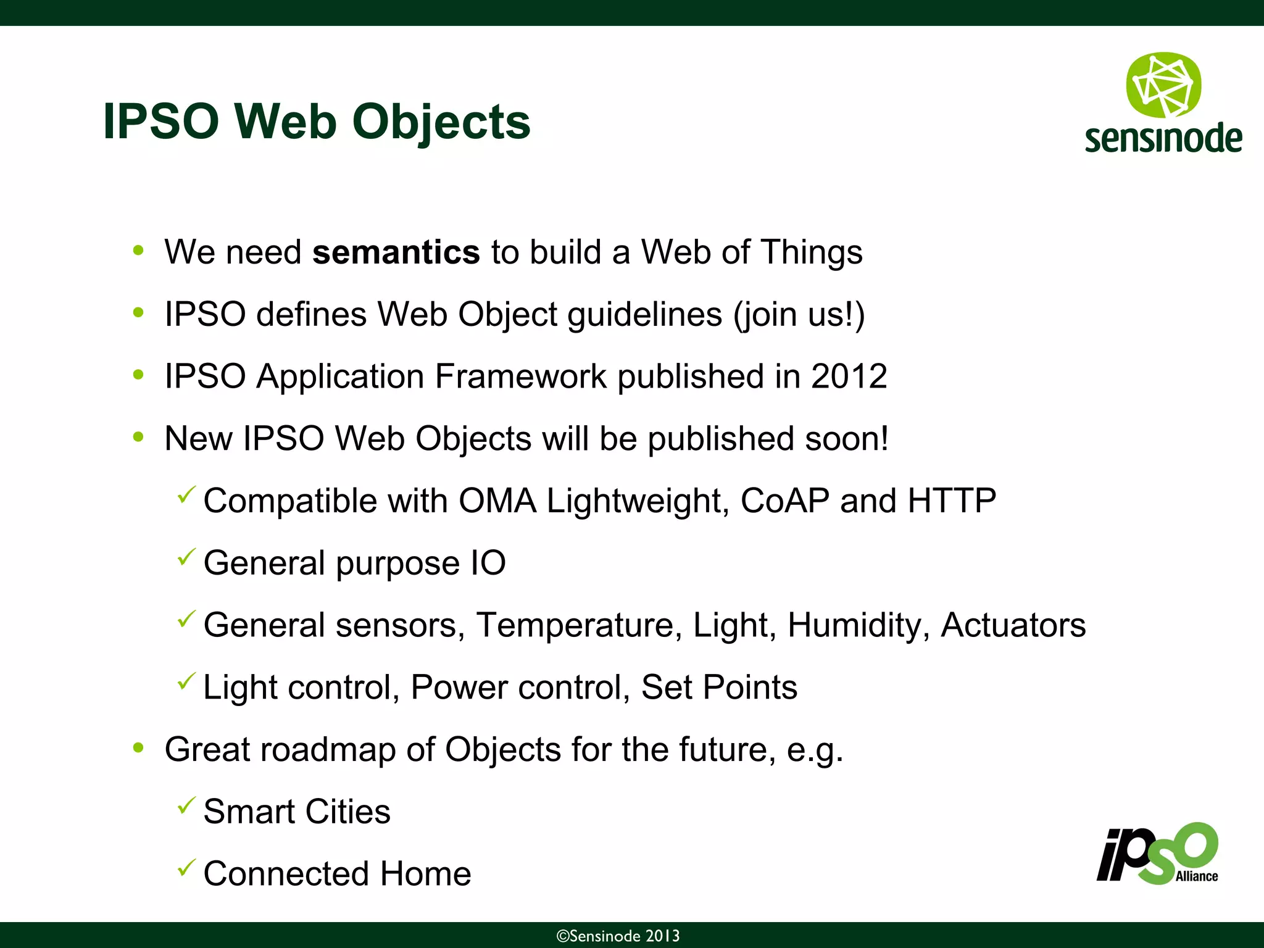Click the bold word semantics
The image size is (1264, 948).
pos(396,252)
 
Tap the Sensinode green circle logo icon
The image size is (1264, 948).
pos(1163,85)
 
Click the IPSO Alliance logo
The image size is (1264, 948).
pos(1158,855)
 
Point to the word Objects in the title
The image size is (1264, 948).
pos(441,122)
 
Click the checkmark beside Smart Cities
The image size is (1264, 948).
pos(186,805)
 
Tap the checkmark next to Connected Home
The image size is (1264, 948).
pos(186,867)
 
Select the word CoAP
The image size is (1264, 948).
pos(784,501)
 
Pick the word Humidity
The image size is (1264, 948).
pos(859,625)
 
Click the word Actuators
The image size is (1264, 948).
pos(1013,625)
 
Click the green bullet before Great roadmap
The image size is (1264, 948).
pos(138,749)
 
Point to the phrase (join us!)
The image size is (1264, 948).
pos(799,315)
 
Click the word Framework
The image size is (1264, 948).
pos(520,376)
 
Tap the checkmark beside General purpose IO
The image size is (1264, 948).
pos(186,557)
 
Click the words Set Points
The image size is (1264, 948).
pos(719,688)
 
